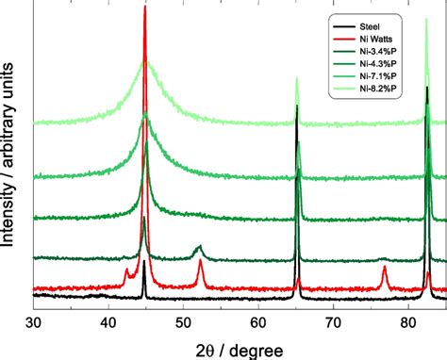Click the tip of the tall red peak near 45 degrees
coord(144,8)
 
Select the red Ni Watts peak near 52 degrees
coord(200,264)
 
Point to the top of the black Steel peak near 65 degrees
coord(297,106)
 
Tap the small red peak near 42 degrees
coord(126,270)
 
